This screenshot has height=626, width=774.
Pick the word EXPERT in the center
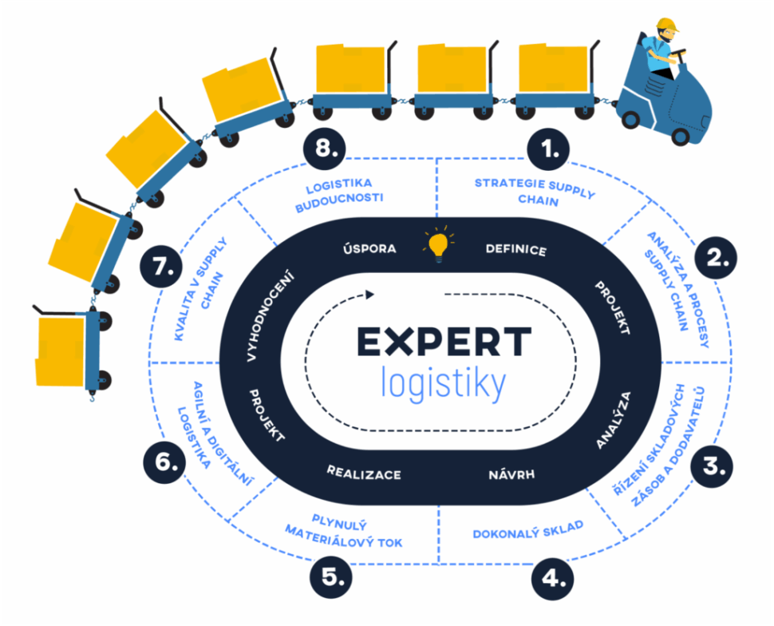tap(443, 342)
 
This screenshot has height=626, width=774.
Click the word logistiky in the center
tap(444, 382)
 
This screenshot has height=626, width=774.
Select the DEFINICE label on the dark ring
tap(516, 249)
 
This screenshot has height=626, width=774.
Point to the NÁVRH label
tap(511, 476)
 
